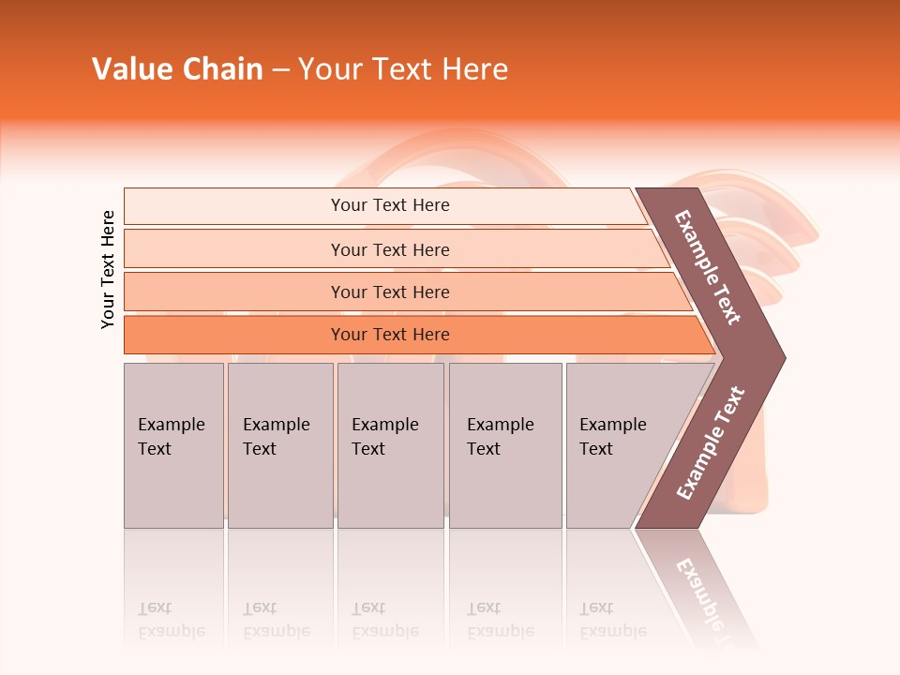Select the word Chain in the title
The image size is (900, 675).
point(222,69)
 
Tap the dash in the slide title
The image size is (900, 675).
point(280,70)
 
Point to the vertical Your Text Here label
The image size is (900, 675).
point(108,269)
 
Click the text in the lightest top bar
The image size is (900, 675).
point(390,205)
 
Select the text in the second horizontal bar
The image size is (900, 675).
point(390,249)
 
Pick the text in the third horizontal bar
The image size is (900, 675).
point(390,292)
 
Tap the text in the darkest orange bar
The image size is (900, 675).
point(390,335)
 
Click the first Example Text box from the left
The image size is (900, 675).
point(172,437)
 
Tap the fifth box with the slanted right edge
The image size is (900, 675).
point(613,437)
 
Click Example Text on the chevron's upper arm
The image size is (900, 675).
point(708,267)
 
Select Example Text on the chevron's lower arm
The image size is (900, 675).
point(711,443)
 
